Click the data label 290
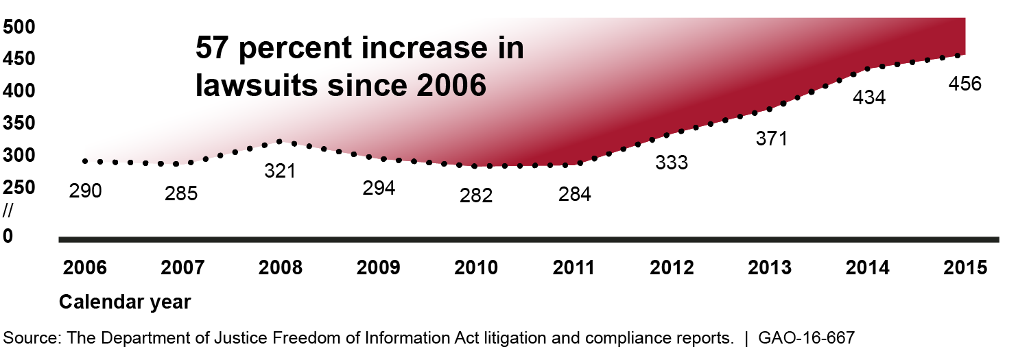[x=86, y=191]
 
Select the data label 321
[x=280, y=170]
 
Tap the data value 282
[x=477, y=195]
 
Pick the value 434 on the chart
[x=869, y=98]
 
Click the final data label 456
[x=965, y=84]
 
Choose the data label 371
[x=770, y=139]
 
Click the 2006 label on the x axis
[x=85, y=267]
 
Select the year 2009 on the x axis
[x=379, y=267]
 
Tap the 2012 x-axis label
[x=673, y=267]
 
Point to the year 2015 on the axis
[x=966, y=267]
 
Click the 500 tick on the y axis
[x=19, y=27]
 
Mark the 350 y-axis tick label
[x=19, y=123]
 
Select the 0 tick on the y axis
[x=8, y=236]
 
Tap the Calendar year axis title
[x=125, y=302]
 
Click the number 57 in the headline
[x=213, y=49]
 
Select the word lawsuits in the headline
[x=250, y=86]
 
